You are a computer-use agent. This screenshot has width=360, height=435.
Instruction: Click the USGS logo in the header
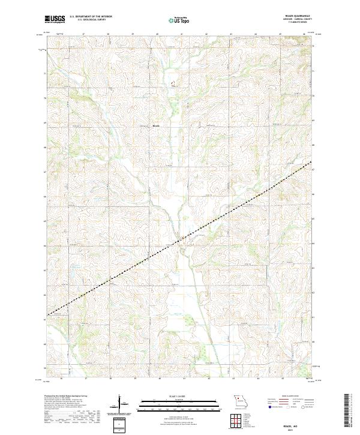(x=55, y=19)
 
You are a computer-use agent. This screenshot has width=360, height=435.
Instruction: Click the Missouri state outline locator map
(x=240, y=400)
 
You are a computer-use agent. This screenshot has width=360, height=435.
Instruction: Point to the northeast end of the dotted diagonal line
(x=311, y=162)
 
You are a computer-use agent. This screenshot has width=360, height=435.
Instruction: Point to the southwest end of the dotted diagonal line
(x=49, y=314)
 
